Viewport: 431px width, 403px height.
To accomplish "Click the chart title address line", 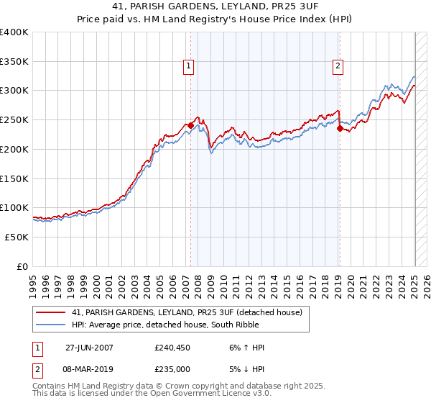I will coord(215,7).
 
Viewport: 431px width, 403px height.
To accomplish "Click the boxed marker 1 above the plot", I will coord(188,66).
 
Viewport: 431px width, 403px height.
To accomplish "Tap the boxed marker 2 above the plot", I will coord(338,66).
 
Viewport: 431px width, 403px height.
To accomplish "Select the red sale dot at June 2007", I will coord(190,125).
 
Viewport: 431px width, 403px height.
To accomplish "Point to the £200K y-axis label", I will coord(14,149).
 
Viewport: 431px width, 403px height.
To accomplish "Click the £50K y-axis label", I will coord(17,237).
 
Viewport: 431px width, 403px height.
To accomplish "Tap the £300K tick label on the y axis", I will coord(14,91).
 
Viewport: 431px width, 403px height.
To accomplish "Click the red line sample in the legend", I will coord(52,312).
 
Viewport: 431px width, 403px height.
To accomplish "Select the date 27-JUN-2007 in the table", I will coord(89,348).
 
